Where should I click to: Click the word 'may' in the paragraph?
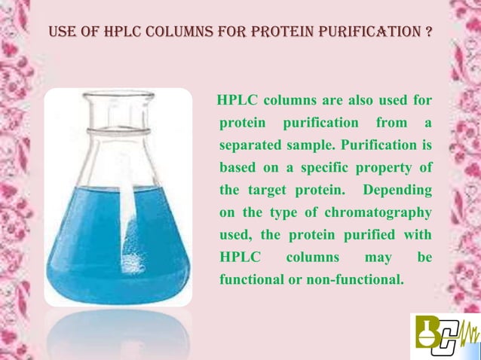(x=377, y=257)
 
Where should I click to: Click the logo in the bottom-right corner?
(x=445, y=336)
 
